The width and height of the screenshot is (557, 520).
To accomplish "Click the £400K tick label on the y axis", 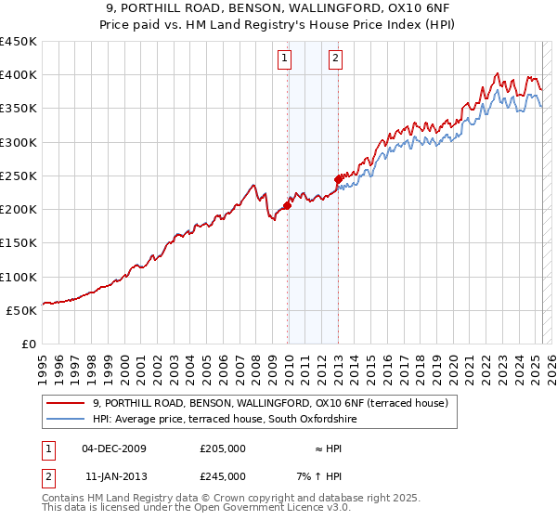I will (19, 75).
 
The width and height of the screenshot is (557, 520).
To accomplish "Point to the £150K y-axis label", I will (19, 242).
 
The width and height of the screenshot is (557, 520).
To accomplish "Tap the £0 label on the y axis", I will (29, 344).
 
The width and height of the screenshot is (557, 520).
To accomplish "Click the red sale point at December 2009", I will (287, 206).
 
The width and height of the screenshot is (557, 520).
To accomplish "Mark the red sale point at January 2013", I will (338, 179).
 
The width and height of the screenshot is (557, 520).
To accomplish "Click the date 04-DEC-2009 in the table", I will (114, 448).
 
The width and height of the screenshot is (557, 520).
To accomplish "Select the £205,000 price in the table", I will (223, 448).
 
